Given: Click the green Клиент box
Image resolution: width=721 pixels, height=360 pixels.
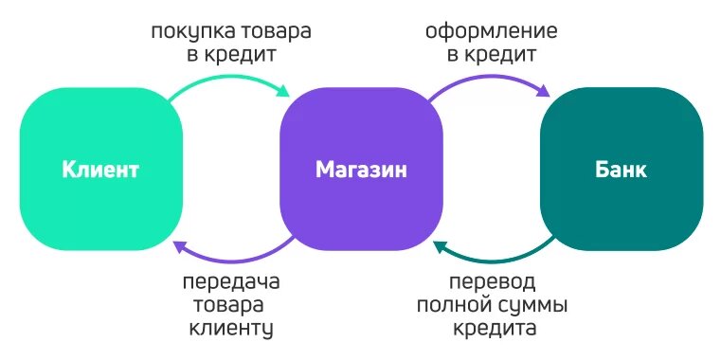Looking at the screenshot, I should pyautogui.click(x=100, y=171).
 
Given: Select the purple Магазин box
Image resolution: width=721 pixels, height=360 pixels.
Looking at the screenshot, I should pyautogui.click(x=361, y=171).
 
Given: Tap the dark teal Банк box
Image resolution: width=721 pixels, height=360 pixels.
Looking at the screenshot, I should pyautogui.click(x=621, y=171).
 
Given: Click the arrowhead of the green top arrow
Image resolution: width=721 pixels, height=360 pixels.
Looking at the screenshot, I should pyautogui.click(x=283, y=92).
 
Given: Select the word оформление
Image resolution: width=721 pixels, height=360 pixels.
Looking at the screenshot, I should pyautogui.click(x=492, y=32).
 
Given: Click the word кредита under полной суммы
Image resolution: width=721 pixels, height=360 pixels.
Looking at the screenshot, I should pyautogui.click(x=493, y=330).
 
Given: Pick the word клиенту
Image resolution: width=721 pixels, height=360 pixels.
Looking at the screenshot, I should pyautogui.click(x=231, y=330).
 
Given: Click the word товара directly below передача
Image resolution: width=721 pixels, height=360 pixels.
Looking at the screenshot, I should pyautogui.click(x=231, y=307).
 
